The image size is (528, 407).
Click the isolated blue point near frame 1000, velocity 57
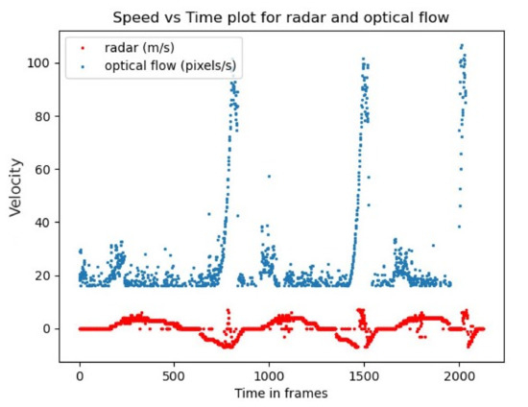tap(269, 177)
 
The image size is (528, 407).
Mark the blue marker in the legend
tap(81, 64)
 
